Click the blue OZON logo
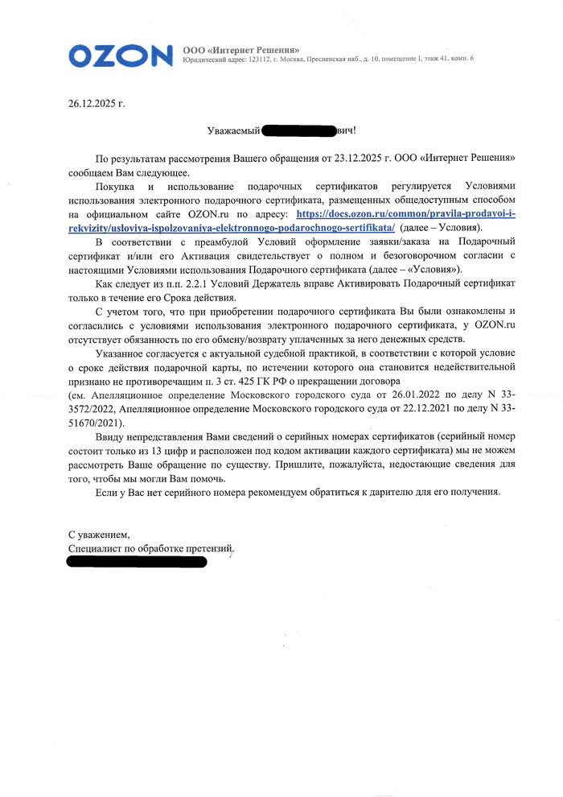click(x=120, y=55)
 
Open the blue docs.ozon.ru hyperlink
click(x=411, y=214)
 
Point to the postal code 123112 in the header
click(x=262, y=60)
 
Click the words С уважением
click(x=99, y=534)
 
